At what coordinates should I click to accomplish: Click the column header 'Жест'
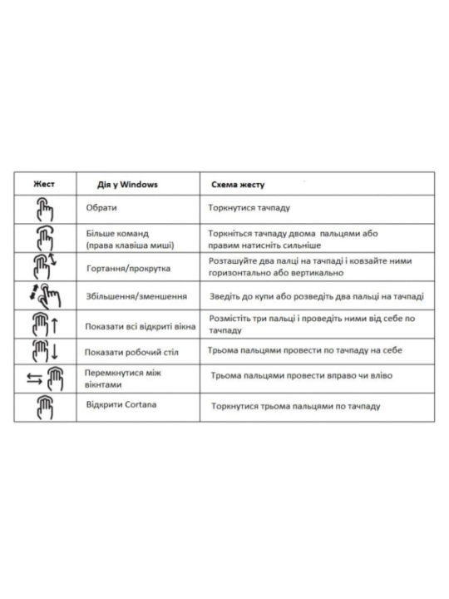pyautogui.click(x=44, y=184)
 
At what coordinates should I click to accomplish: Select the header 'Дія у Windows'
pyautogui.click(x=127, y=185)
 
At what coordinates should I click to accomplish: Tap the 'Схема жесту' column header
pyautogui.click(x=238, y=185)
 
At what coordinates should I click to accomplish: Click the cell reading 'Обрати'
pyautogui.click(x=101, y=208)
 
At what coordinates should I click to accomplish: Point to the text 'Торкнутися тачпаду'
pyautogui.click(x=249, y=208)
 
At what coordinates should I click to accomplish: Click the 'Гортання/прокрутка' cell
pyautogui.click(x=128, y=268)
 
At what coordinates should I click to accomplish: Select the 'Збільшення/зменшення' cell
pyautogui.click(x=136, y=296)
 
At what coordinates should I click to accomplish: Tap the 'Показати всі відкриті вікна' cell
pyautogui.click(x=141, y=327)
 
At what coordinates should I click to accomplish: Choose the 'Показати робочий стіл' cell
pyautogui.click(x=131, y=352)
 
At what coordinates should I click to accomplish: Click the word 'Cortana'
pyautogui.click(x=141, y=404)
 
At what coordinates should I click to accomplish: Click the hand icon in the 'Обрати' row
pyautogui.click(x=45, y=210)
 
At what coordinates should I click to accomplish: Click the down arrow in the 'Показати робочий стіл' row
pyautogui.click(x=55, y=351)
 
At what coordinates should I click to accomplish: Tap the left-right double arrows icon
pyautogui.click(x=34, y=379)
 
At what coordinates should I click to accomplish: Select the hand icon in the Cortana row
pyautogui.click(x=45, y=408)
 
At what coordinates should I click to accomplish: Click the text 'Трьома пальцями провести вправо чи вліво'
pyautogui.click(x=302, y=375)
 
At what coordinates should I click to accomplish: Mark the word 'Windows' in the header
pyautogui.click(x=139, y=185)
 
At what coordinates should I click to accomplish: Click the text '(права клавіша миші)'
pyautogui.click(x=130, y=245)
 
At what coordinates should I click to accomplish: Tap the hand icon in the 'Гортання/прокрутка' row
pyautogui.click(x=42, y=267)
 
